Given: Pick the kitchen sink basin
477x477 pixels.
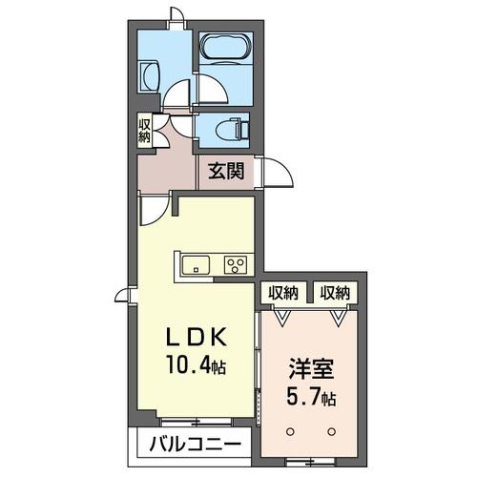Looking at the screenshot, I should pyautogui.click(x=194, y=264).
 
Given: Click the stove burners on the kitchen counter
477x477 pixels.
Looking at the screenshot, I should pyautogui.click(x=235, y=264).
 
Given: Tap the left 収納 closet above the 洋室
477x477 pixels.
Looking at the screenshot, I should pyautogui.click(x=282, y=293).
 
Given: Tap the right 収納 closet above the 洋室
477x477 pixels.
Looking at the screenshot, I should pyautogui.click(x=334, y=293).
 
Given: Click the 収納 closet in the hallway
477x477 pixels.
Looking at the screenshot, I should pyautogui.click(x=144, y=130).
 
